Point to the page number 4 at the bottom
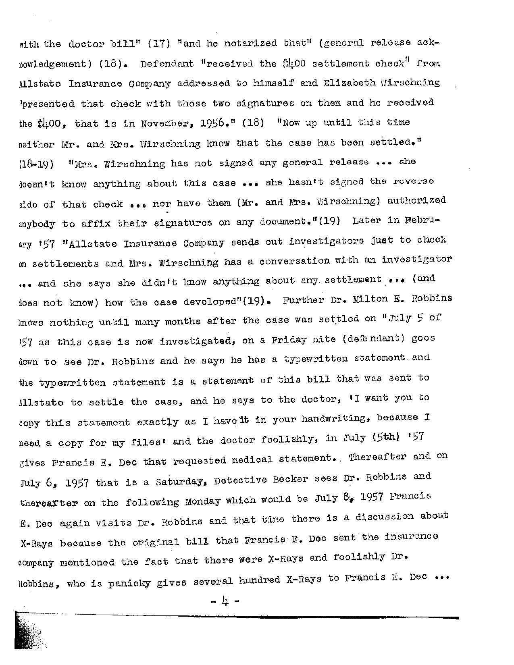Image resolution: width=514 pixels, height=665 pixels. click(x=225, y=603)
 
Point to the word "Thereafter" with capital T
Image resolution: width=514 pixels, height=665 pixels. click(x=377, y=457)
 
